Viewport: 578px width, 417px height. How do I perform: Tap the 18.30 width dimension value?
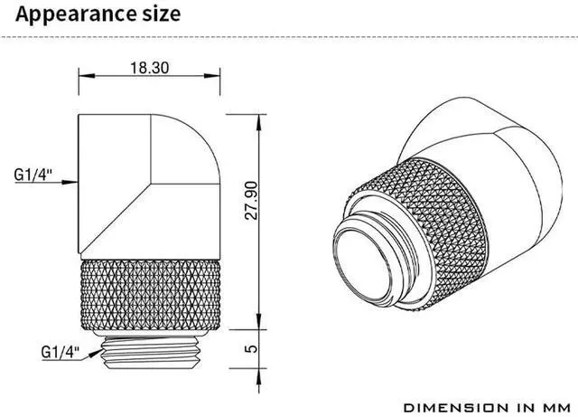pyautogui.click(x=150, y=68)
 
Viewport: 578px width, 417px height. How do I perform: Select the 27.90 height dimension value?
pyautogui.click(x=251, y=201)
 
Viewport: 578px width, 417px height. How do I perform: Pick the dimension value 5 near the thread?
pyautogui.click(x=251, y=348)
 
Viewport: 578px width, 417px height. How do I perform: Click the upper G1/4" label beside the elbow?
pyautogui.click(x=33, y=175)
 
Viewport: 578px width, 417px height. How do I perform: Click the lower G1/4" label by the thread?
pyautogui.click(x=61, y=352)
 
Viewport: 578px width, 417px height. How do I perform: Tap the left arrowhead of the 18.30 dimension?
pyautogui.click(x=87, y=76)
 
